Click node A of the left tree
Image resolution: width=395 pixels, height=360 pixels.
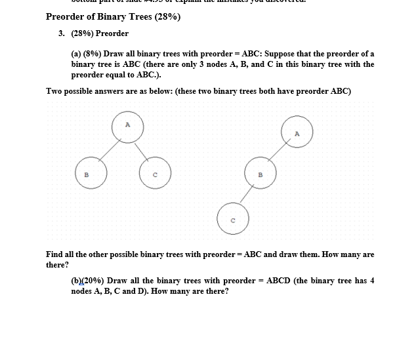127,125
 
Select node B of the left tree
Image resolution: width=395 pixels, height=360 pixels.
87,173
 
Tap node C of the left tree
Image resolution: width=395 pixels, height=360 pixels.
155,173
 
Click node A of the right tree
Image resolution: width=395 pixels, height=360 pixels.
297,133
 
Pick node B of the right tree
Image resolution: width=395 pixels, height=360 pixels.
260,174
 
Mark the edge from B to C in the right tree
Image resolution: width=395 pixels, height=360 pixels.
247,195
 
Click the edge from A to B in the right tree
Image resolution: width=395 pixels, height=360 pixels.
278,153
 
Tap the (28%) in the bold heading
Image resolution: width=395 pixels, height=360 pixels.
167,16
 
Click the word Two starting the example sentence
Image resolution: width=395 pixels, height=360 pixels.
54,90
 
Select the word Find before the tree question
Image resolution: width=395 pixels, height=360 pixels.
54,254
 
